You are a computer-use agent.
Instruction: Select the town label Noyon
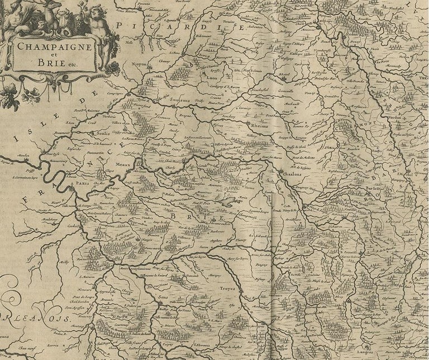139,64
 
